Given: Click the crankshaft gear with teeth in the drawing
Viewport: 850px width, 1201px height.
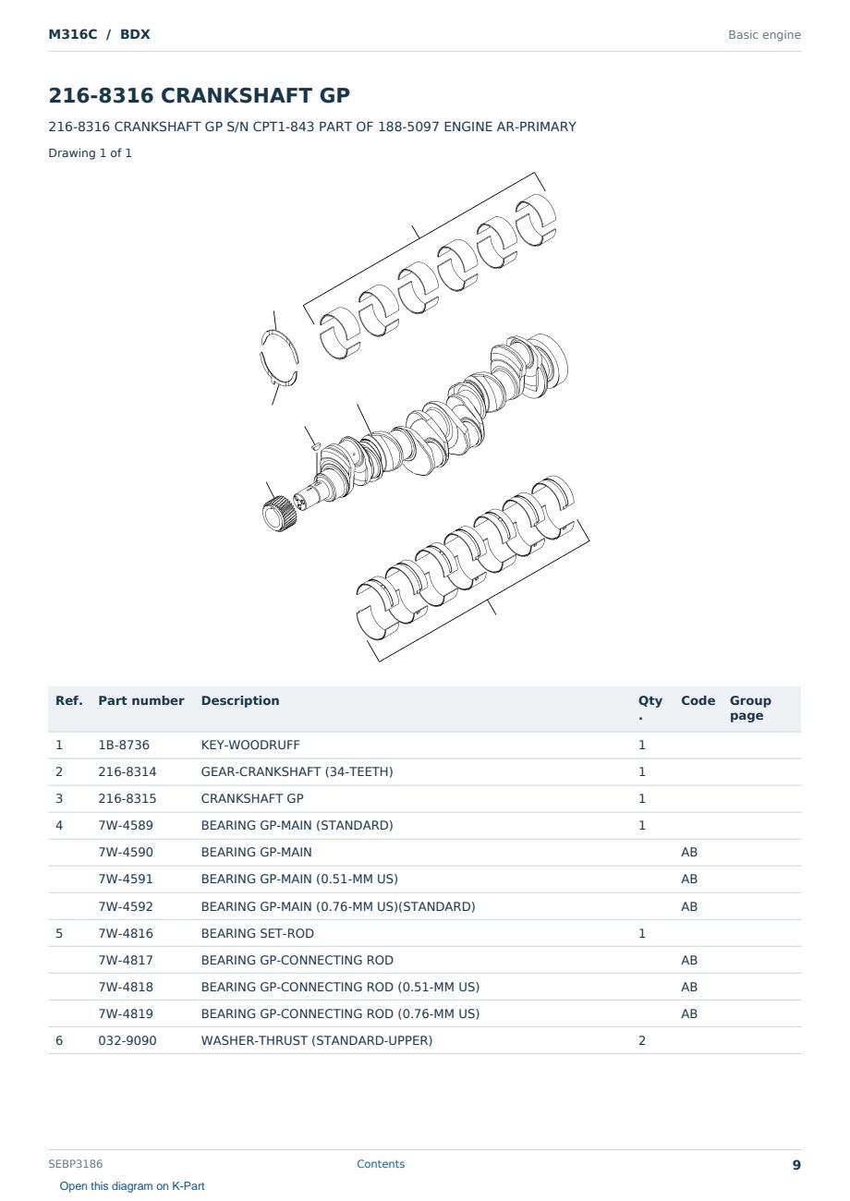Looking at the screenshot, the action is [x=278, y=514].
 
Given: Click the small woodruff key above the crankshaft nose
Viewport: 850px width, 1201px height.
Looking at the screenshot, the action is [x=316, y=445].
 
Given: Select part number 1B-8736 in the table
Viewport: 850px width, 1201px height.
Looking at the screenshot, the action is [x=124, y=745].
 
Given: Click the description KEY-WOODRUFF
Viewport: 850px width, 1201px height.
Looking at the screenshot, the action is [x=249, y=745].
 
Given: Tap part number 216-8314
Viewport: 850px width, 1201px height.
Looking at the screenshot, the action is [x=127, y=771].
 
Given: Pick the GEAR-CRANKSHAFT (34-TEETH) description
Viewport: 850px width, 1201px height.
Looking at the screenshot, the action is [x=297, y=771].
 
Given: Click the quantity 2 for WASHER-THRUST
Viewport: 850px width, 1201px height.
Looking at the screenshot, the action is [x=642, y=1040].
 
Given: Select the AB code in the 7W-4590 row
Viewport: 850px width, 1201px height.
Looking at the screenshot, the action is [x=689, y=852].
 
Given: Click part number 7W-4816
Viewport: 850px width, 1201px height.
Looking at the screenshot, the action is [x=126, y=933].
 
